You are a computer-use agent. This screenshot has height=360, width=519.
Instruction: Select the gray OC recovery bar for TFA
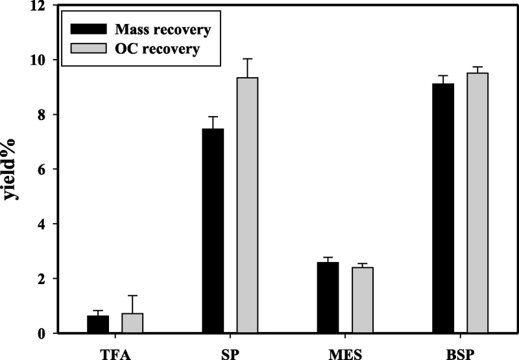132,323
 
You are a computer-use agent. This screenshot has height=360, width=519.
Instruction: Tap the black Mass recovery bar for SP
213,231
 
